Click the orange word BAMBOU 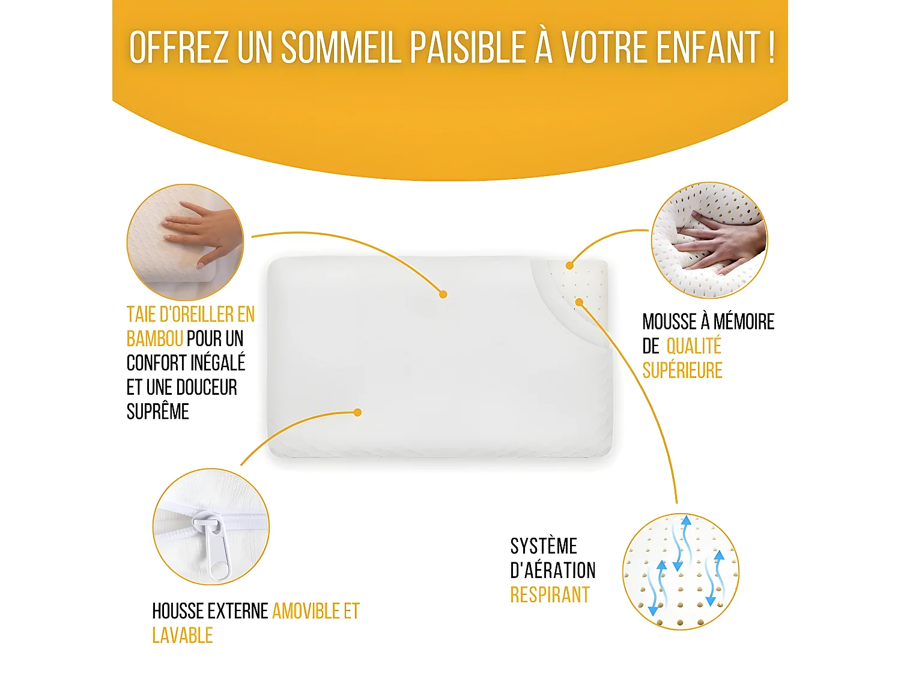154,339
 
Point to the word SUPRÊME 157,412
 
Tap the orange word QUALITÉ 694,346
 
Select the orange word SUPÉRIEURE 682,371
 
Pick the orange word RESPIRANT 550,595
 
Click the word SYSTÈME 544,546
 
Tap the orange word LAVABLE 182,635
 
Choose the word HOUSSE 178,611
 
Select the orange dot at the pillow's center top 443,294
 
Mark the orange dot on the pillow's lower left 357,412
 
